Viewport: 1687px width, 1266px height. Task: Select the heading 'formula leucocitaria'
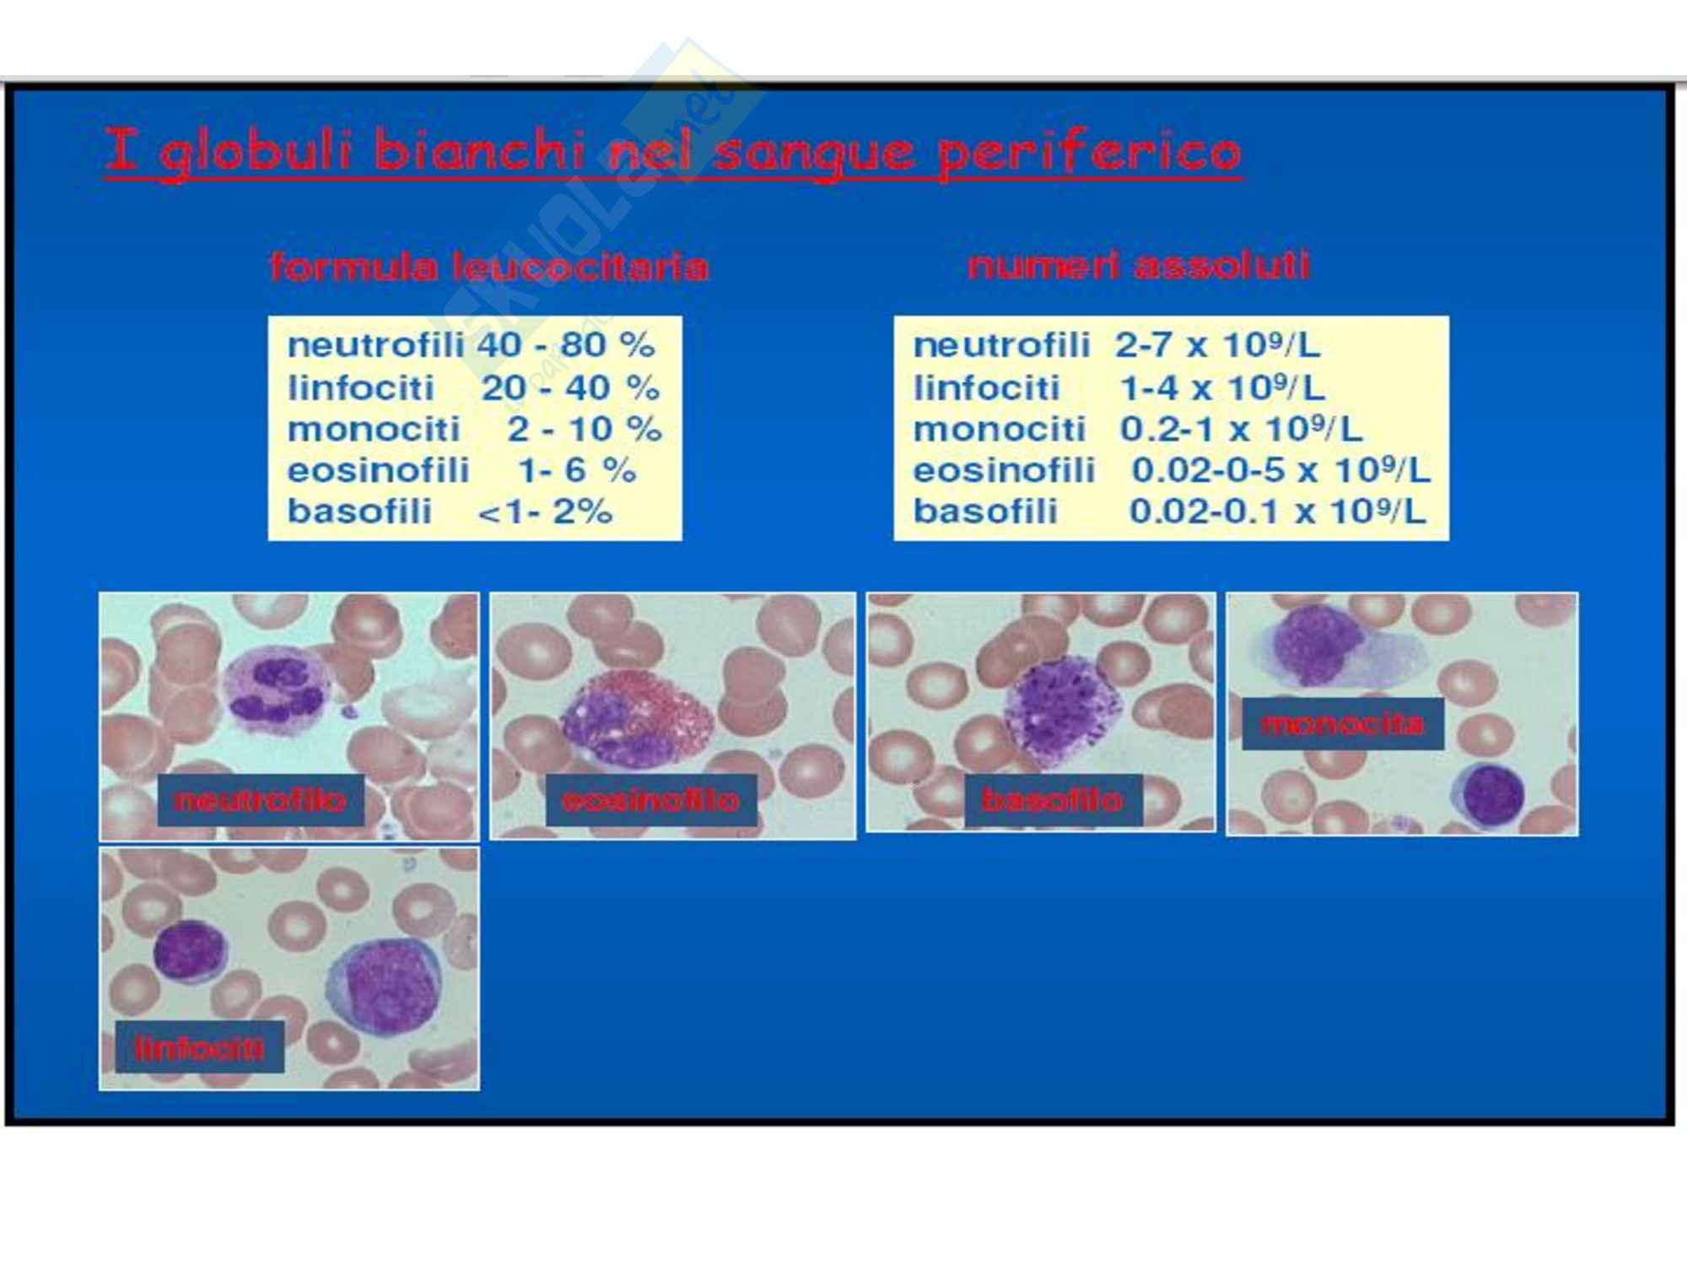pos(489,267)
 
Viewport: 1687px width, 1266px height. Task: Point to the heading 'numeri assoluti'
pos(1139,265)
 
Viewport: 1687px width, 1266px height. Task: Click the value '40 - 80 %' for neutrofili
pos(566,344)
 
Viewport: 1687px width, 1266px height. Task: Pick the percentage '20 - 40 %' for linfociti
pos(570,387)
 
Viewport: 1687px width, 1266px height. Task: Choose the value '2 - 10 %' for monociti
pos(585,429)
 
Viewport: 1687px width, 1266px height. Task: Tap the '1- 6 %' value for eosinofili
pos(577,470)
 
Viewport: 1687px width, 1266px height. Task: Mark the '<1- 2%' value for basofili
pos(545,511)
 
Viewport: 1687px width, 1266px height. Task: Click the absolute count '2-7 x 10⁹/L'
pos(1217,344)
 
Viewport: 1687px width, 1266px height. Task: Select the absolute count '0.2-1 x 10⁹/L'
pos(1241,429)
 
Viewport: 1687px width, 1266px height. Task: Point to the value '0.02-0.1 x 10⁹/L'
pos(1278,511)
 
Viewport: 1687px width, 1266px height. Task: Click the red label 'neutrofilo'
pos(261,799)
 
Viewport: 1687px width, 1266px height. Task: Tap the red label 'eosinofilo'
pos(650,799)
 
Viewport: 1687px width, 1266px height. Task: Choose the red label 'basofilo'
pos(1053,799)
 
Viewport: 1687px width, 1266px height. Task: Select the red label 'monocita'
pos(1343,723)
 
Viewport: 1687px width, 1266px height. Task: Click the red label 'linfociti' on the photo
pos(200,1047)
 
